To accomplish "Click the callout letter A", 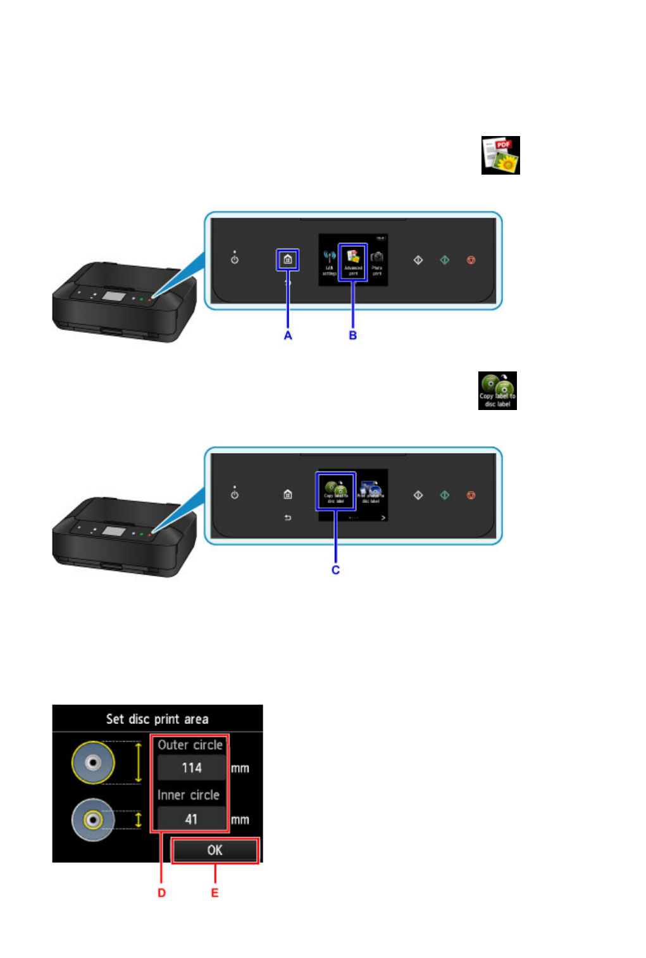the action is [x=288, y=335].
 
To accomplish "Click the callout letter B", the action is [x=353, y=335].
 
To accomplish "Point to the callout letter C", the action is [x=335, y=570].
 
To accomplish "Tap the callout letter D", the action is [x=161, y=893].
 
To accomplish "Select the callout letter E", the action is [x=214, y=893].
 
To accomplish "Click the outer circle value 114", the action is [x=191, y=768].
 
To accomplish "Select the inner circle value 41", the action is [x=191, y=819].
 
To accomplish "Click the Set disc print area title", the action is [x=157, y=719].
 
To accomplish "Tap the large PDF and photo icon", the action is [x=500, y=155].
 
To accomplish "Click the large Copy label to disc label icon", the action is [x=497, y=390].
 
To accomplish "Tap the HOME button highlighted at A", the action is [x=288, y=259].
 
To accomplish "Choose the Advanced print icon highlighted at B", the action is [x=353, y=262].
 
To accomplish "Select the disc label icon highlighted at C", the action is [x=335, y=491].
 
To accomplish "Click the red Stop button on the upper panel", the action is [x=471, y=260].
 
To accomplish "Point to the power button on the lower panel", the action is [x=235, y=494].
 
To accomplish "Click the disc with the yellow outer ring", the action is [x=93, y=762].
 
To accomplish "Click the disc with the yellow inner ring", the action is [x=93, y=820].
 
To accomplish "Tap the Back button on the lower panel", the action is [x=288, y=518].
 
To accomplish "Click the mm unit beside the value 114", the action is [x=240, y=769].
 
